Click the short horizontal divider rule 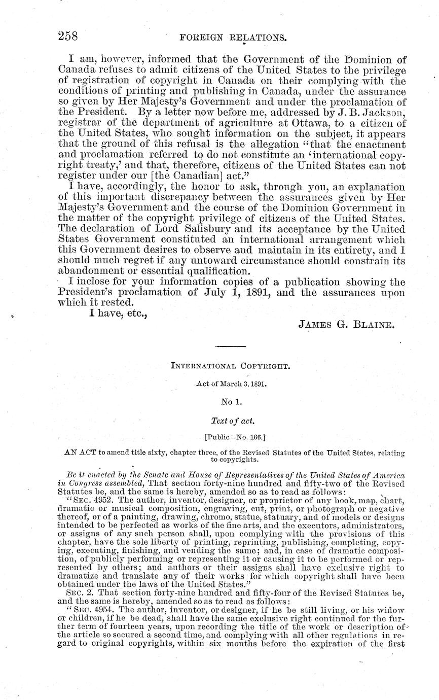pyautogui.click(x=231, y=346)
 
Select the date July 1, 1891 pyautogui.click(x=232, y=293)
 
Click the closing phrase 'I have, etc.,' pyautogui.click(x=118, y=313)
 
